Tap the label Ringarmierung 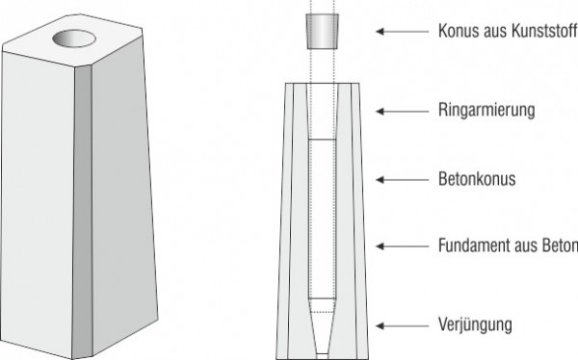(486, 112)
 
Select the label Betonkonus (476, 179)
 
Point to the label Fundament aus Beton (506, 246)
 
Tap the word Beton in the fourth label (558, 246)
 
